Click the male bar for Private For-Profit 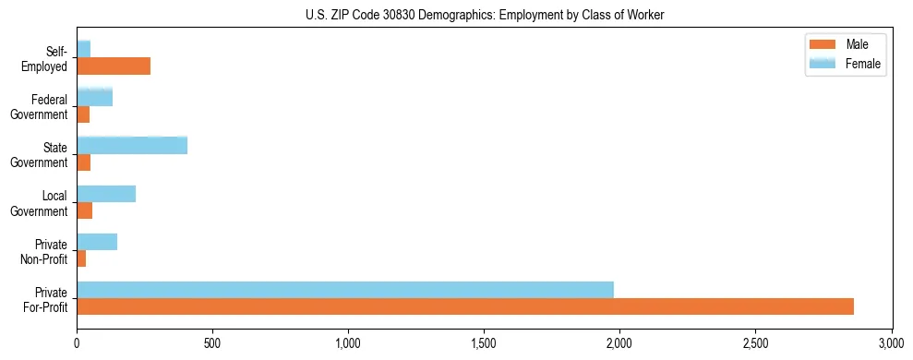(464, 306)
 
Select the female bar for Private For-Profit (344, 290)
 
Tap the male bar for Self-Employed (114, 66)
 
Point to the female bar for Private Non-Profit (97, 242)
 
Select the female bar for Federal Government (95, 97)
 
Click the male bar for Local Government (84, 210)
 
